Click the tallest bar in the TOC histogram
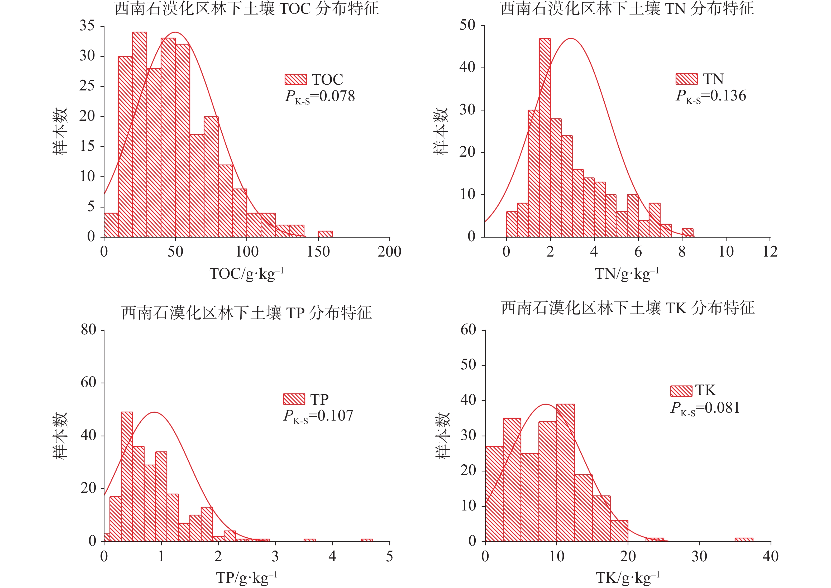coord(140,134)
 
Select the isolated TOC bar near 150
coord(325,234)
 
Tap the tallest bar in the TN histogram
coord(545,138)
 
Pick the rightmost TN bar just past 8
coord(687,233)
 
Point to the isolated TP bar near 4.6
coord(367,540)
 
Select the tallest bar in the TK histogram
coord(565,473)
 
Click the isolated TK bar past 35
coord(744,539)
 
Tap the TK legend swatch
coord(681,391)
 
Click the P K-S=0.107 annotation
coord(318,416)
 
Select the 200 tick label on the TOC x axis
coord(389,252)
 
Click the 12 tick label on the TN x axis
coord(770,252)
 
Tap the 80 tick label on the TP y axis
coord(88,330)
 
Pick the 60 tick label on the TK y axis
coord(468,330)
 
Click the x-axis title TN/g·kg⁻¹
coord(627,274)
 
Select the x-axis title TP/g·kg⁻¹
coord(246,577)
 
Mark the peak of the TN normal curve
coord(571,38)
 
